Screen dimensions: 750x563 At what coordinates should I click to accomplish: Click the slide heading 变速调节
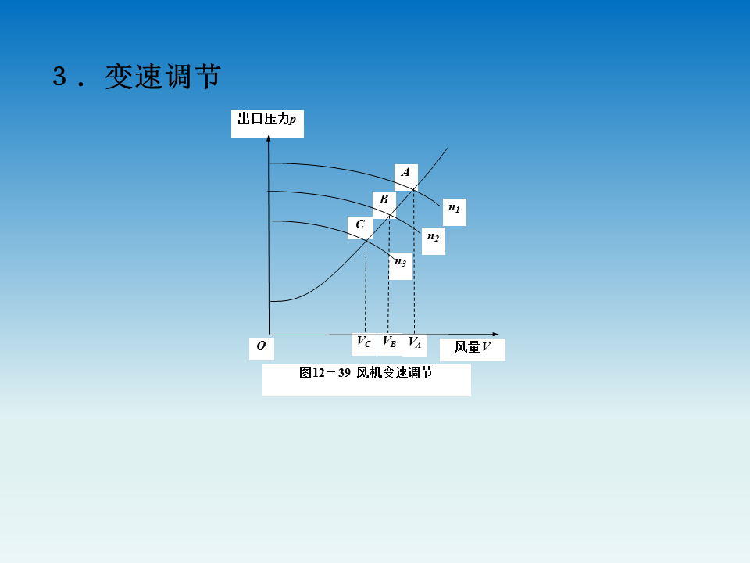tap(163, 77)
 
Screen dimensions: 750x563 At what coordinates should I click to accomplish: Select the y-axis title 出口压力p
tap(266, 120)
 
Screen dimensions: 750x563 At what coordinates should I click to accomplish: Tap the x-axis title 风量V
tap(473, 348)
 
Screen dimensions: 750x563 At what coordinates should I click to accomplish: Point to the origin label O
tap(261, 346)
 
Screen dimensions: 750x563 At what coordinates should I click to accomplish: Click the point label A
tap(405, 172)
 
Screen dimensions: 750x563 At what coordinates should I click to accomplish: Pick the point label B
tap(384, 200)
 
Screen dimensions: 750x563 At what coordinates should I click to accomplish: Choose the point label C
tap(359, 225)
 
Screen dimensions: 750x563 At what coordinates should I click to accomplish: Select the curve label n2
tap(433, 237)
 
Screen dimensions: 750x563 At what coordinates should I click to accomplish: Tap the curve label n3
tap(400, 262)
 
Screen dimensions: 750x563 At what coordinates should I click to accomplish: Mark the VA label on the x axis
tap(415, 342)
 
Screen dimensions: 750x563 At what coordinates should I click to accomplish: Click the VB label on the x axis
tap(389, 342)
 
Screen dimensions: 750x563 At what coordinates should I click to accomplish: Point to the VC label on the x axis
tap(364, 342)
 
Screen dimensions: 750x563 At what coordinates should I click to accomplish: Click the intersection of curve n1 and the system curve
tap(414, 187)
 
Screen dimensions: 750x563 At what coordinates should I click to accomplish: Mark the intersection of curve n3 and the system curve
tap(366, 240)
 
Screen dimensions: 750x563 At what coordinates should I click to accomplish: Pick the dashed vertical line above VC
tap(365, 289)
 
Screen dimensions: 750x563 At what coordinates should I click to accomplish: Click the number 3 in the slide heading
tap(60, 77)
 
